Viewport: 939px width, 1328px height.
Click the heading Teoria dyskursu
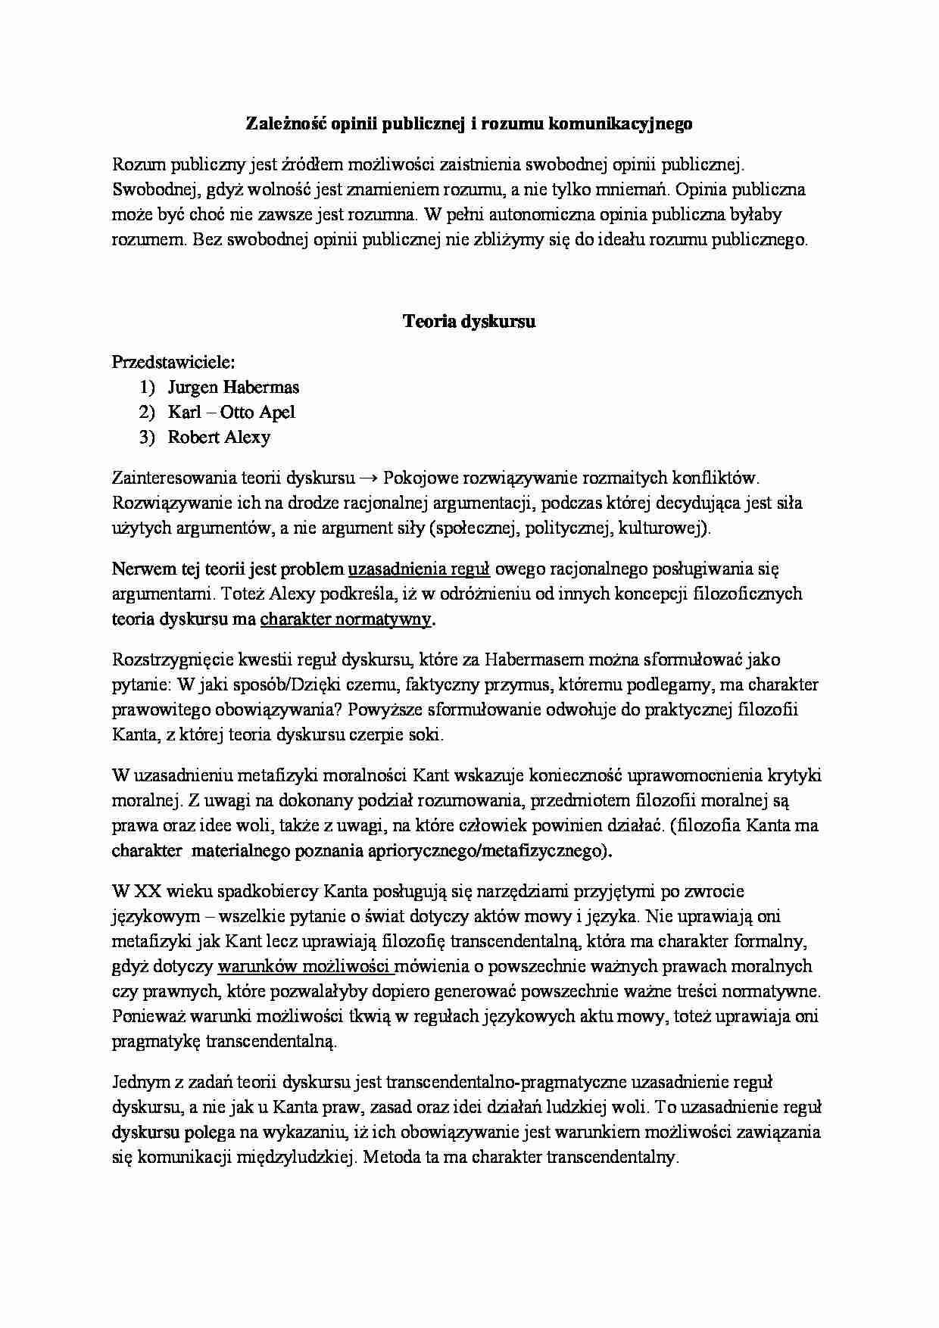tap(469, 321)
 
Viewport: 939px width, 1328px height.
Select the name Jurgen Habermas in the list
tap(233, 388)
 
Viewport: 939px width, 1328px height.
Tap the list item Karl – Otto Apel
tap(231, 413)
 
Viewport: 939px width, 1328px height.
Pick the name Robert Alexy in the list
tap(219, 438)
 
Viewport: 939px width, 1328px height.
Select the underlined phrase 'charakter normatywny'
tap(346, 619)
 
